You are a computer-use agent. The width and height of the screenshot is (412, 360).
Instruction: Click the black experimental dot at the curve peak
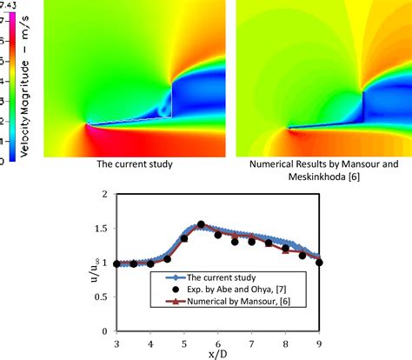click(202, 224)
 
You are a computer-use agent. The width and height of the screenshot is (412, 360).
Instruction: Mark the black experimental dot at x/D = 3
click(116, 263)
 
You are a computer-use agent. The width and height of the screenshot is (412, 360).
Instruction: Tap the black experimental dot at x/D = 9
click(319, 262)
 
